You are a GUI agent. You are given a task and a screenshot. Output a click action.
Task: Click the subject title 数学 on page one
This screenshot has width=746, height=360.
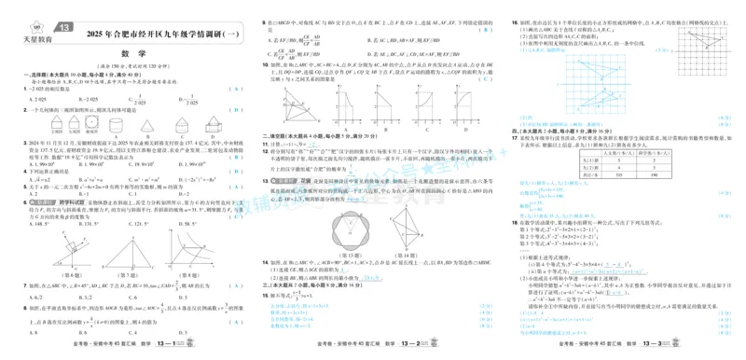127,54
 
